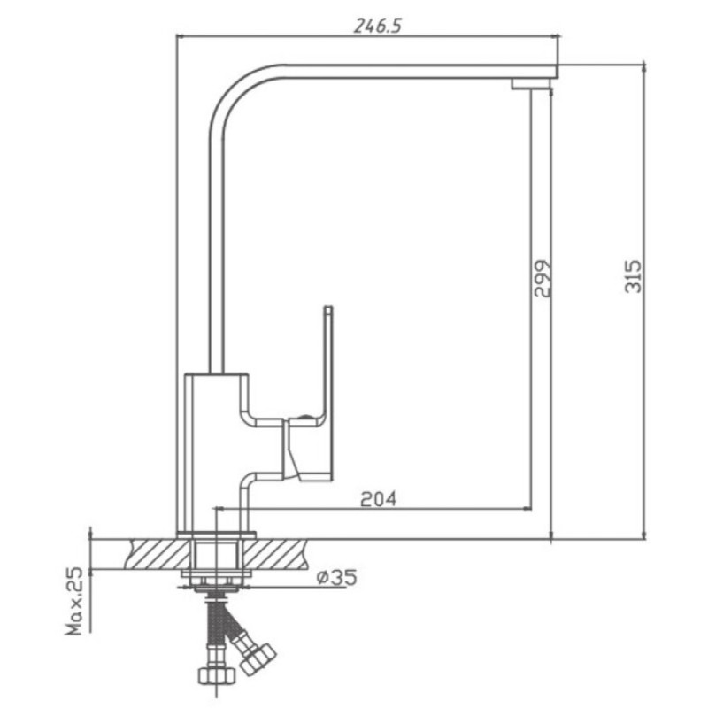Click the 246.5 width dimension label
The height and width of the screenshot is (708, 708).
[x=377, y=26]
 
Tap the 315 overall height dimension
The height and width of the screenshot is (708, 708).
[x=633, y=276]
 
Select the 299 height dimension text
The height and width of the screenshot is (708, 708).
[x=542, y=278]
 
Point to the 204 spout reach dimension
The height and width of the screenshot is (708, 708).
[x=378, y=498]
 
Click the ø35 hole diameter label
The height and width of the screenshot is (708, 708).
[x=336, y=577]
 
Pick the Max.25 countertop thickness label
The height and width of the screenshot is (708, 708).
[x=74, y=601]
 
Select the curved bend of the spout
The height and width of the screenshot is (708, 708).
[x=235, y=90]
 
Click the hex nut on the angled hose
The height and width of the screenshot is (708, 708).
[x=258, y=659]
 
